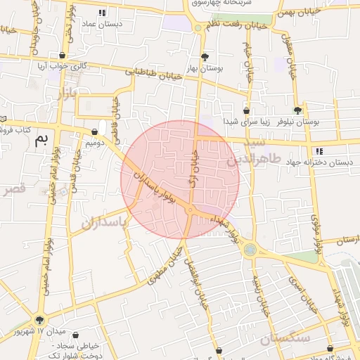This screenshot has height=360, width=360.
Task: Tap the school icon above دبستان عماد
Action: tap(102, 13)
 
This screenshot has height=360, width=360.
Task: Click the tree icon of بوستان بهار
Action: tap(205, 57)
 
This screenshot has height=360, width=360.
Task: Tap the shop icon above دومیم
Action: tap(94, 131)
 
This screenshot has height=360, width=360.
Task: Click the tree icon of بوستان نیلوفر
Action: tap(298, 110)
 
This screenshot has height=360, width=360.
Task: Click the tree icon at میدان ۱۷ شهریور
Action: tap(39, 320)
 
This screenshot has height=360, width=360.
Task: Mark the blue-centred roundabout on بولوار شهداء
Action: tap(250, 250)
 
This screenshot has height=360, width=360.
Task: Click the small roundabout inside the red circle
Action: tap(190, 210)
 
